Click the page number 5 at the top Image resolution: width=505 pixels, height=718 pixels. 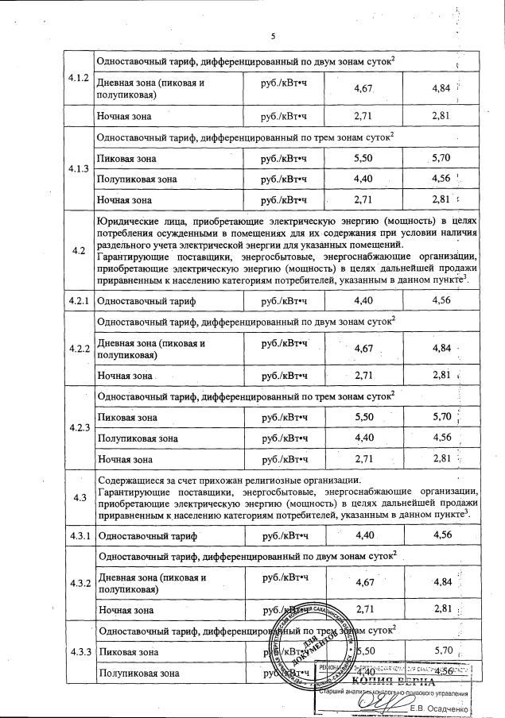point(272,37)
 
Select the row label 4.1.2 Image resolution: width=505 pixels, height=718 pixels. point(79,79)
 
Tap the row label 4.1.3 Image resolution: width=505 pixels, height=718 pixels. point(79,169)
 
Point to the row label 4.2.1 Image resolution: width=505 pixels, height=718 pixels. point(79,301)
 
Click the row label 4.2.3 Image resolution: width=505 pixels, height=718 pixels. point(79,427)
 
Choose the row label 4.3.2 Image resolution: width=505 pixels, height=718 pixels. point(79,583)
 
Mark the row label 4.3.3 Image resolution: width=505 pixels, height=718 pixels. point(79,652)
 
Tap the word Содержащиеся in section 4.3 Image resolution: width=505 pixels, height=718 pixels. point(133,480)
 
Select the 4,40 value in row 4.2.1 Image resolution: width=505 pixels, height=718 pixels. point(363,301)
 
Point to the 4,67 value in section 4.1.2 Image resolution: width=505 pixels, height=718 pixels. point(363,89)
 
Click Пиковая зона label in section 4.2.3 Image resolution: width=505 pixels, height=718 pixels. point(125,417)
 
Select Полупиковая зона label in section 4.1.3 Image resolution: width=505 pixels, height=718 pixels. point(135,179)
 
